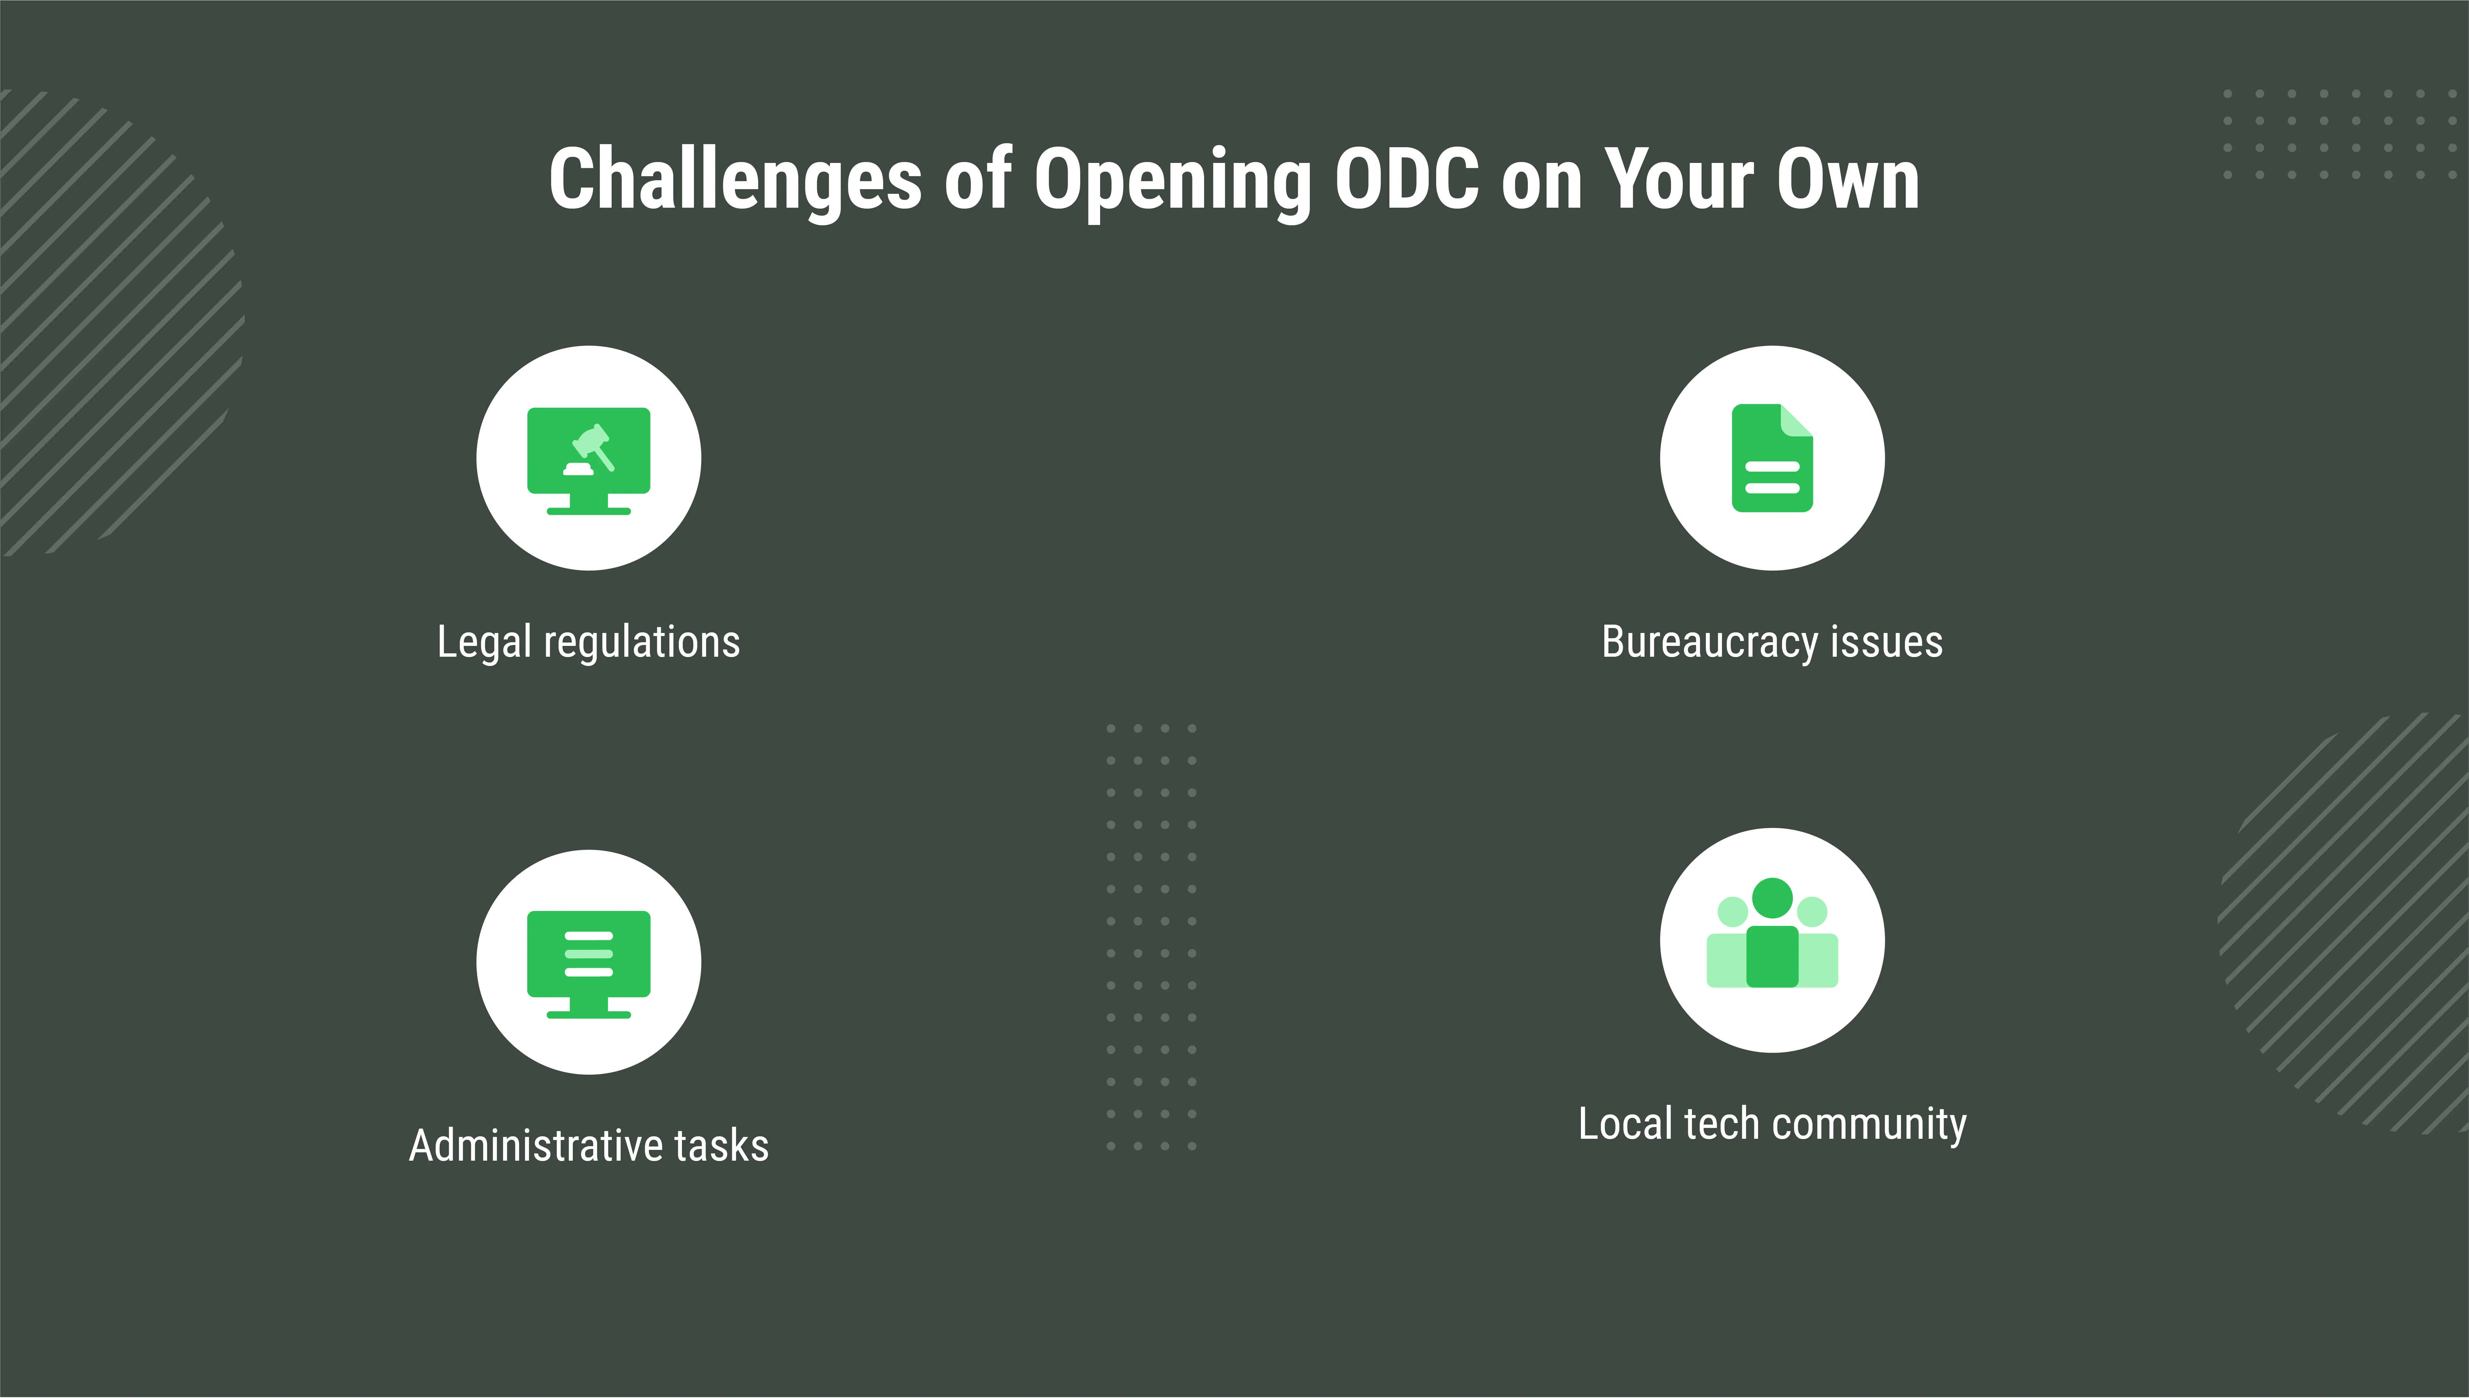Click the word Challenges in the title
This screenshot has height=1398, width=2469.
[735, 181]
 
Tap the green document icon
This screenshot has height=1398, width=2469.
[1772, 458]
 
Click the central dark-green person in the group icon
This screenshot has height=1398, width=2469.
[1772, 933]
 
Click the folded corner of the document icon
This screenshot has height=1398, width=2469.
[1796, 421]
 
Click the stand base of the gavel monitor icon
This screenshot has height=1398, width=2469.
[588, 511]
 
